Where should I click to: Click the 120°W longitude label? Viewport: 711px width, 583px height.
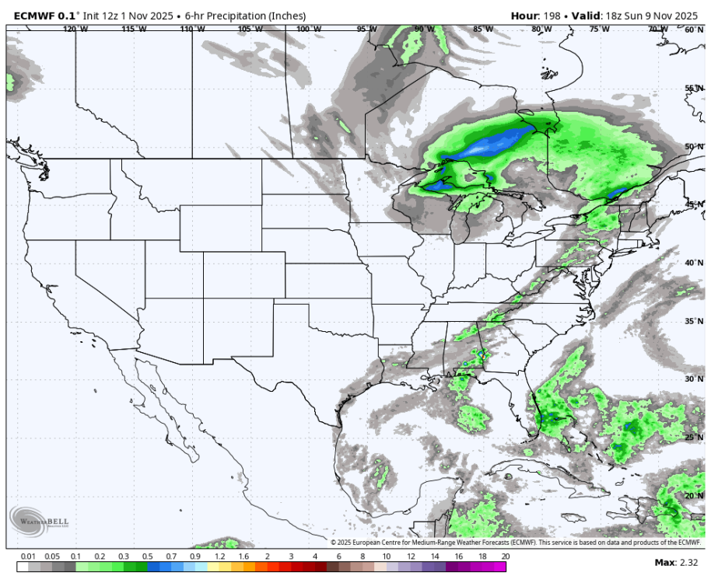click(x=75, y=29)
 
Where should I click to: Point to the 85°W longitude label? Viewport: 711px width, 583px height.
click(x=483, y=29)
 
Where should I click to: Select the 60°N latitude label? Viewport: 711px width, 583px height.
click(x=694, y=29)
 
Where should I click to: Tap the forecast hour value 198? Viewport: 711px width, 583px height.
click(x=550, y=16)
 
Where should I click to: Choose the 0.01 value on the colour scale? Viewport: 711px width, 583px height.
click(x=28, y=557)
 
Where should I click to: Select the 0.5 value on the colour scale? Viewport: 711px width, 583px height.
click(x=147, y=557)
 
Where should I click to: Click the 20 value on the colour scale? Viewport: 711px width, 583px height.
click(x=505, y=557)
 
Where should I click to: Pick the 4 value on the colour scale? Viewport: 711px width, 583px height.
click(x=314, y=557)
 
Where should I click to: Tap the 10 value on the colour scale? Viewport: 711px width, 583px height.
click(x=386, y=557)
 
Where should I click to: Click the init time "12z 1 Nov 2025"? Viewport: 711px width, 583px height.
click(x=135, y=16)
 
